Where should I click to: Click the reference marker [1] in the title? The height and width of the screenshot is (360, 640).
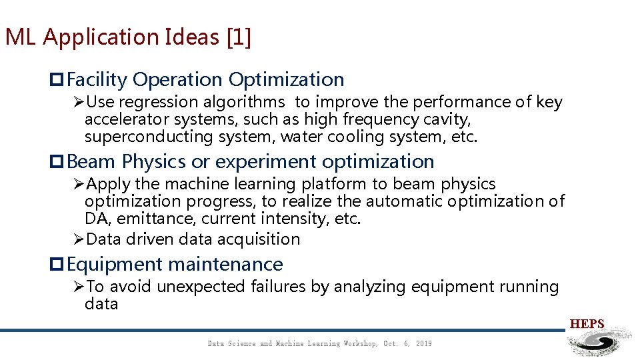[239, 37]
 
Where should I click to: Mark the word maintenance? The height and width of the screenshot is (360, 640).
[225, 265]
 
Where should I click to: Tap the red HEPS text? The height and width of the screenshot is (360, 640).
[587, 325]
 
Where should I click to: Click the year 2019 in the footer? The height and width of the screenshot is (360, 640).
[423, 344]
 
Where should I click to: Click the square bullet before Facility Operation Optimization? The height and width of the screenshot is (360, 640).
[57, 81]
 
